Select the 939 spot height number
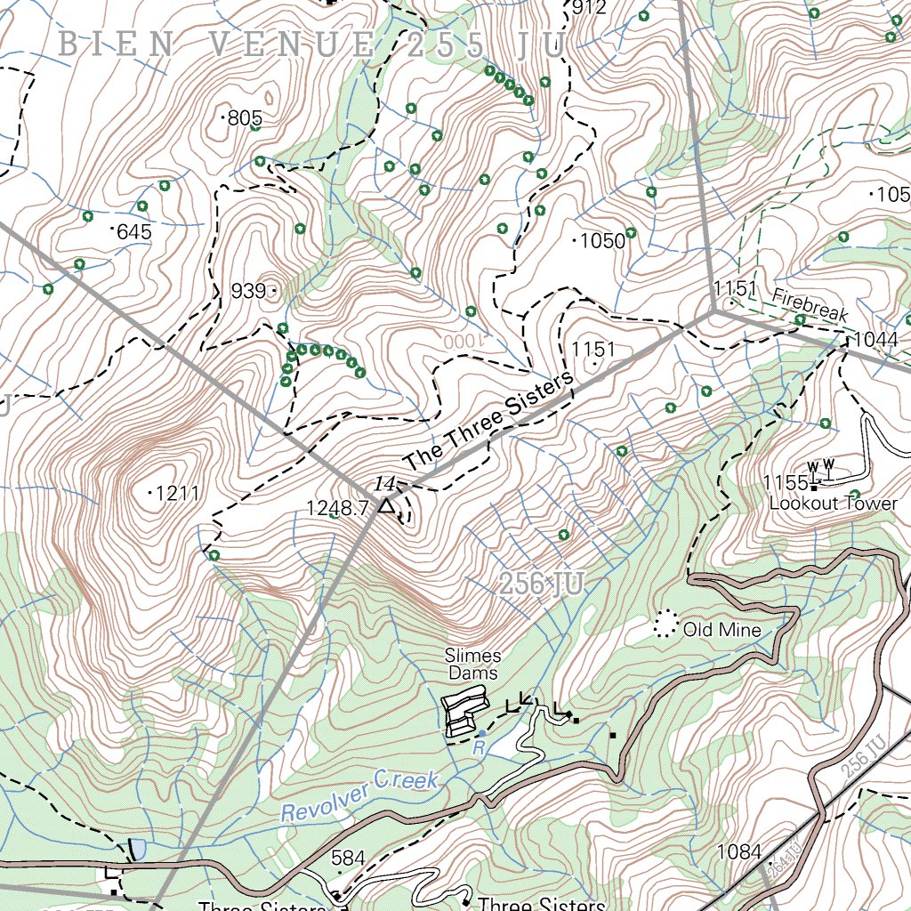point(248,291)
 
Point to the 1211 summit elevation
point(176,493)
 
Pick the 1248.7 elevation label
point(337,509)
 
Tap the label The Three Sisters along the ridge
point(487,423)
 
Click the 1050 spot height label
point(603,241)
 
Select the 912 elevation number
point(589,9)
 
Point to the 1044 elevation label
point(875,341)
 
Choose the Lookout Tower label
point(833,504)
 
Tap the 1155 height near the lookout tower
point(784,483)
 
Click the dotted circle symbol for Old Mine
point(665,624)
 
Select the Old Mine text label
point(722,631)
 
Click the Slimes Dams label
point(473,665)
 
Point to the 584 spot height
point(348,859)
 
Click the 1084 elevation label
point(739,852)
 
